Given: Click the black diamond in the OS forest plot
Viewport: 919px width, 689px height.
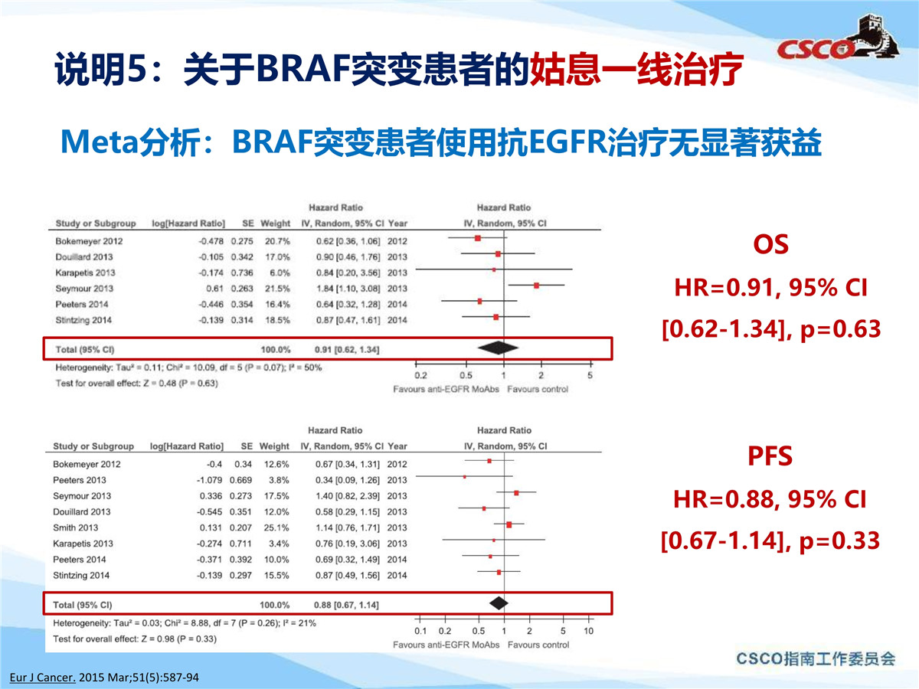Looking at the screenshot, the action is click(x=499, y=348).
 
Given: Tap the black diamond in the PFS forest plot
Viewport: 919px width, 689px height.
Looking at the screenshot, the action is click(x=499, y=603).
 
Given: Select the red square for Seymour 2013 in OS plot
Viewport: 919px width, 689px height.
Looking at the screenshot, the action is click(x=536, y=286).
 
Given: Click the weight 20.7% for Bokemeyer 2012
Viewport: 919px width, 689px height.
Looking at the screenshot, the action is click(x=277, y=241).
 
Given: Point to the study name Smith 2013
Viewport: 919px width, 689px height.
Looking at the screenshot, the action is click(x=75, y=528).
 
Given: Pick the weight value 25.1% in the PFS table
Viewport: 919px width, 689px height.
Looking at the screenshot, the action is click(x=276, y=528).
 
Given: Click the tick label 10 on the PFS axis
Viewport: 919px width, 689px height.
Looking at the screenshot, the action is click(x=589, y=632).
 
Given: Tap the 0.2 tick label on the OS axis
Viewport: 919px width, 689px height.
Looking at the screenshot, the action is click(x=420, y=376).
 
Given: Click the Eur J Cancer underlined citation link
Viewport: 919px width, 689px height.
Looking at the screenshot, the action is click(x=43, y=678).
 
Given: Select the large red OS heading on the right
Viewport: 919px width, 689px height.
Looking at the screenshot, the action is click(x=770, y=244).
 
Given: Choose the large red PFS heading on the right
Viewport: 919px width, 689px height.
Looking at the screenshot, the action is click(x=770, y=456).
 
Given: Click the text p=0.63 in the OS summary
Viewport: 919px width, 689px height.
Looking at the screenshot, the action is click(x=841, y=329).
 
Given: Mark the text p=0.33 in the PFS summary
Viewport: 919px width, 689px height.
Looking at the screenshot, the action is click(x=839, y=541).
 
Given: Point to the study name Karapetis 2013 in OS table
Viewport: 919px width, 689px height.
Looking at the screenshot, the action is click(x=85, y=273).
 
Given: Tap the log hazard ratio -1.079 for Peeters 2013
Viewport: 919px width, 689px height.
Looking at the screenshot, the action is click(x=209, y=480).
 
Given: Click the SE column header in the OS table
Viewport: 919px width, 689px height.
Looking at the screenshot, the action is click(x=248, y=224).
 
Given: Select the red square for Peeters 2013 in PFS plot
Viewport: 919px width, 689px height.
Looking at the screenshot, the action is click(x=465, y=477).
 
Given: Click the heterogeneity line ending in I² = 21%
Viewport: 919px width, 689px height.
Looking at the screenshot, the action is click(x=185, y=623).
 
